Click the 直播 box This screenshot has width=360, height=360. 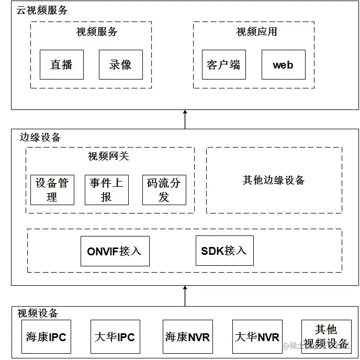62,65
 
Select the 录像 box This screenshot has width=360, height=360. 120,65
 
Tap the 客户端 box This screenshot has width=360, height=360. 223,65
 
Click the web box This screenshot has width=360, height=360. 283,65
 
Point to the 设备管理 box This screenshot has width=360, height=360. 52,190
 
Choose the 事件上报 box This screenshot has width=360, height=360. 107,190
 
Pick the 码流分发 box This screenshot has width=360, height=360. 164,190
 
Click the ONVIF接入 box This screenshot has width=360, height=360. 114,251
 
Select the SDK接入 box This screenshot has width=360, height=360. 224,251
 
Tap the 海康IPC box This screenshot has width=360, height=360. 47,337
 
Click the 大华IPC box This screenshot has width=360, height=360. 115,337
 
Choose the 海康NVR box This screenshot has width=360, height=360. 187,337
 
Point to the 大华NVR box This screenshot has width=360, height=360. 257,337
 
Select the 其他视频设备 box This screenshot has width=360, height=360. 326,337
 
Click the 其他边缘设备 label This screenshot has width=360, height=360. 274,181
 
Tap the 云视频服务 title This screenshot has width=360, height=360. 42,10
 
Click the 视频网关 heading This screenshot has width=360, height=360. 108,156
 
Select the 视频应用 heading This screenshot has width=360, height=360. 256,32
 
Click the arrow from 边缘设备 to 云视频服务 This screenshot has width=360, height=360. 185,119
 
